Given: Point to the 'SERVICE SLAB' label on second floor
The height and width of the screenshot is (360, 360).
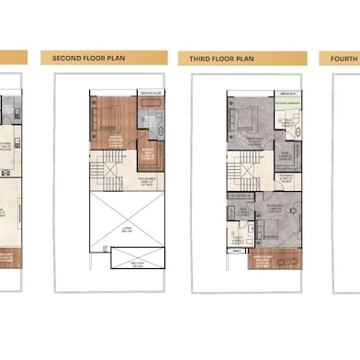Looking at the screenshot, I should click(152, 94).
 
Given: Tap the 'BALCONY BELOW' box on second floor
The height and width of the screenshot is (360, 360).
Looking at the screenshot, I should click(137, 258).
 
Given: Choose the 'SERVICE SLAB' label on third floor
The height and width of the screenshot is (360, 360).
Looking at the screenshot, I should click(287, 94).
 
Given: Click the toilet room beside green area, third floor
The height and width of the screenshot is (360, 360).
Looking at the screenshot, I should click(287, 124).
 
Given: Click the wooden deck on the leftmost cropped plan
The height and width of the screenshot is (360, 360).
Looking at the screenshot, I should click(9, 258).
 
